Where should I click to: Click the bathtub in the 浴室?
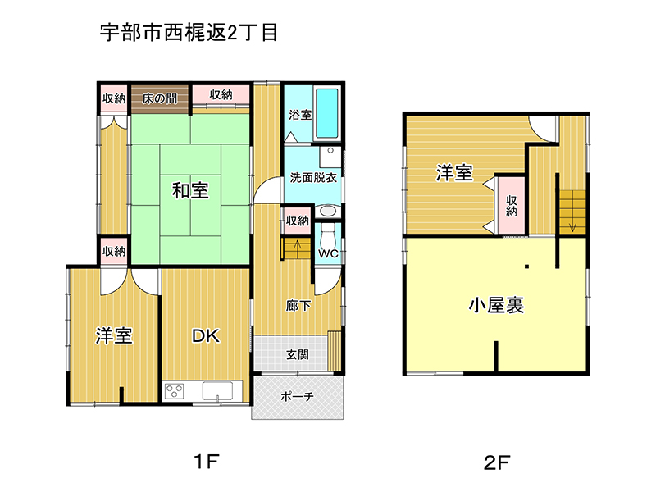(326, 113)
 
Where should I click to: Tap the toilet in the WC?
(326, 236)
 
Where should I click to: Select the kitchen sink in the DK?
(217, 391)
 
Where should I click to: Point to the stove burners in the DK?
(174, 391)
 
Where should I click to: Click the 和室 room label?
(190, 190)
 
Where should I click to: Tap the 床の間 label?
(159, 98)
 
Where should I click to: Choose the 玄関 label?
(298, 355)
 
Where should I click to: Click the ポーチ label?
(297, 396)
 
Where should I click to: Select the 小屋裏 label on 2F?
(496, 305)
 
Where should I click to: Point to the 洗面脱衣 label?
(313, 177)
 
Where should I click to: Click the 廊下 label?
(298, 306)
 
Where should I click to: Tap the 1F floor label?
(207, 462)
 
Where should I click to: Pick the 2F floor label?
(497, 462)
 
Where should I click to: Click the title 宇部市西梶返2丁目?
(189, 32)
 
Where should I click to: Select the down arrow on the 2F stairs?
(572, 221)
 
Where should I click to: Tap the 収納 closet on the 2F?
(510, 206)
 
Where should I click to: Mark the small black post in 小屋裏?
(526, 266)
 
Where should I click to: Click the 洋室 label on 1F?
(114, 335)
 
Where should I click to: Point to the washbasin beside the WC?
(327, 211)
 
